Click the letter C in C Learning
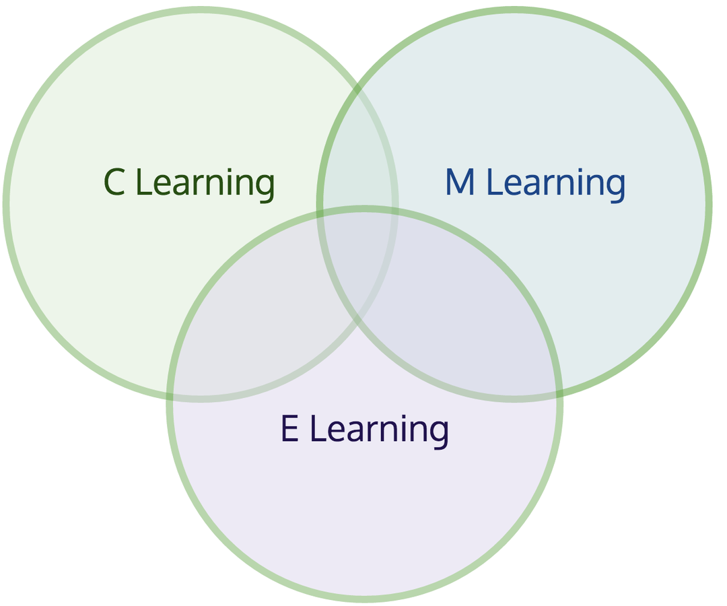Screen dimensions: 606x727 coord(114,182)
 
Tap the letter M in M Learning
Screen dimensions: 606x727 coord(460,182)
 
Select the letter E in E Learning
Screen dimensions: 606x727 coord(289,429)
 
